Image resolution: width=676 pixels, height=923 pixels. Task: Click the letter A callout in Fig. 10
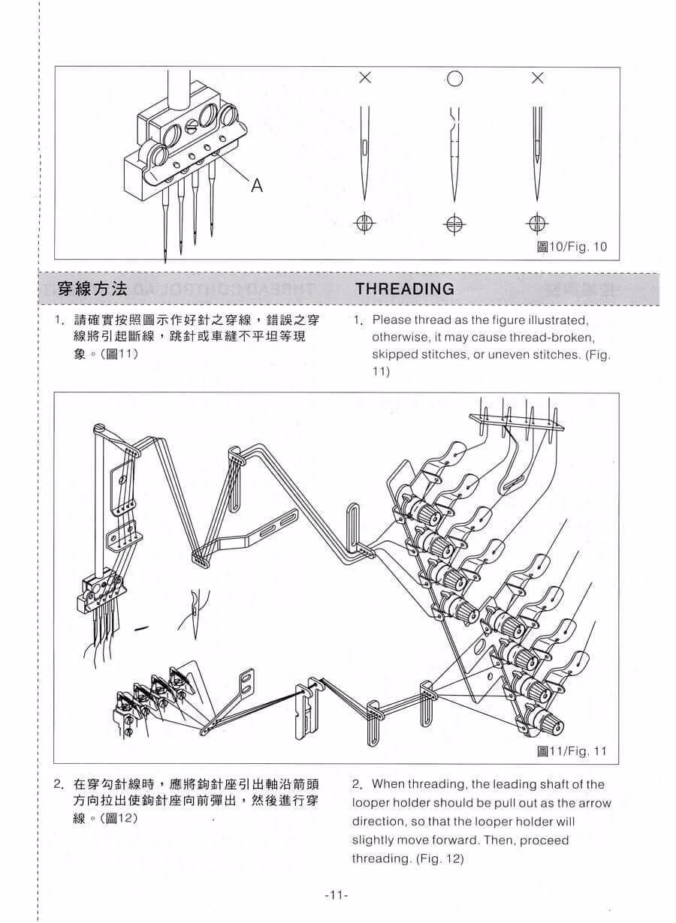click(257, 186)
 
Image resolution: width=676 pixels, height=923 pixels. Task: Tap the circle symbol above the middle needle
click(454, 79)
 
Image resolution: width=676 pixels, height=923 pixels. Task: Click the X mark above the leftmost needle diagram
click(365, 77)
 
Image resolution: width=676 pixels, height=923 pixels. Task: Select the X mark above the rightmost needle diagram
click(537, 77)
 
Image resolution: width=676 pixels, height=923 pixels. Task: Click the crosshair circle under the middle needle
click(454, 224)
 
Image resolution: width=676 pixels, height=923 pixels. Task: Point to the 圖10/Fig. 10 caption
click(572, 247)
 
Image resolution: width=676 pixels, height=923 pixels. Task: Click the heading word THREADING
click(405, 289)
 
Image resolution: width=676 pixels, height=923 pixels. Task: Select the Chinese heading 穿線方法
click(92, 289)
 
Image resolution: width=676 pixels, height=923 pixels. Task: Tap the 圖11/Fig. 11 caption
click(572, 751)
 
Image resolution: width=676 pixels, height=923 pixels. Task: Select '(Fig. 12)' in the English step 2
click(440, 859)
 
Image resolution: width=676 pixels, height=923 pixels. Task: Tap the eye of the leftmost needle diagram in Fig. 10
click(364, 148)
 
